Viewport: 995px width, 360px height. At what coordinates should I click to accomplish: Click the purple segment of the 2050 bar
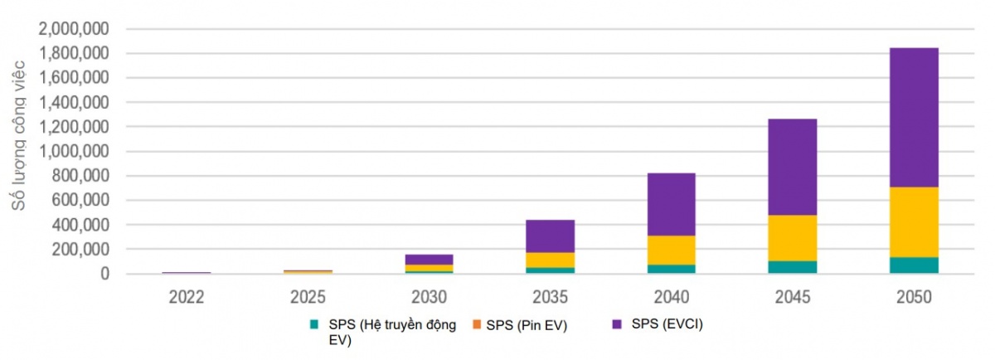tap(914, 117)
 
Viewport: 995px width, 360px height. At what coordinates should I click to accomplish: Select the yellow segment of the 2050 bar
tap(914, 221)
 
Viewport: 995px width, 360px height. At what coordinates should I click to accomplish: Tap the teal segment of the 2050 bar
tap(914, 265)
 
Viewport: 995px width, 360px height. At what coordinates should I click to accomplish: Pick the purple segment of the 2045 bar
tap(792, 167)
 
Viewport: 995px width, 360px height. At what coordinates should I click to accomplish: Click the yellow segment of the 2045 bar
tap(792, 237)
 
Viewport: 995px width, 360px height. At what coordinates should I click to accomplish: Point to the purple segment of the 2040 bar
tap(671, 204)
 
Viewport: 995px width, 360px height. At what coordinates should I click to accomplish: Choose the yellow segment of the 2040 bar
tap(671, 250)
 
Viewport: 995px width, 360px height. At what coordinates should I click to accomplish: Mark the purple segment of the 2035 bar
tap(550, 236)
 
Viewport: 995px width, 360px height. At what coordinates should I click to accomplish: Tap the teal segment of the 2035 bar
tap(550, 270)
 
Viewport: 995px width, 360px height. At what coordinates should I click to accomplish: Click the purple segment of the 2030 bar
tap(429, 259)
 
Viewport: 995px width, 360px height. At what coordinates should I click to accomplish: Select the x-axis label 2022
tap(186, 297)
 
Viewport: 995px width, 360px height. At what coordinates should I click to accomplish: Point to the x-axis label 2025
tap(307, 297)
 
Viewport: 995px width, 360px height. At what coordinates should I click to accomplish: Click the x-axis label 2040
tap(671, 297)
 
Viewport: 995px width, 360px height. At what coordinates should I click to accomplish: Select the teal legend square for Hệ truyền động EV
tap(314, 325)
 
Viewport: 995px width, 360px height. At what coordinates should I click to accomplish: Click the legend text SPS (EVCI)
tap(668, 324)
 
